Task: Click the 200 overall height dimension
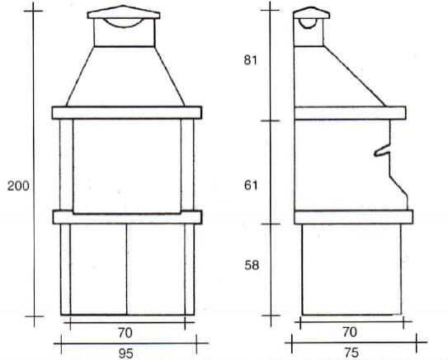(x=18, y=186)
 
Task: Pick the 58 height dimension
(x=251, y=266)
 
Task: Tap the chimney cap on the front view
(x=125, y=12)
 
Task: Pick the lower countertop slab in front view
(x=126, y=217)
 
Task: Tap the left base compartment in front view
(x=97, y=268)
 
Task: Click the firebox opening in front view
(x=126, y=165)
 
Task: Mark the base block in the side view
(x=351, y=268)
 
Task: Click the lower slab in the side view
(x=352, y=217)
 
